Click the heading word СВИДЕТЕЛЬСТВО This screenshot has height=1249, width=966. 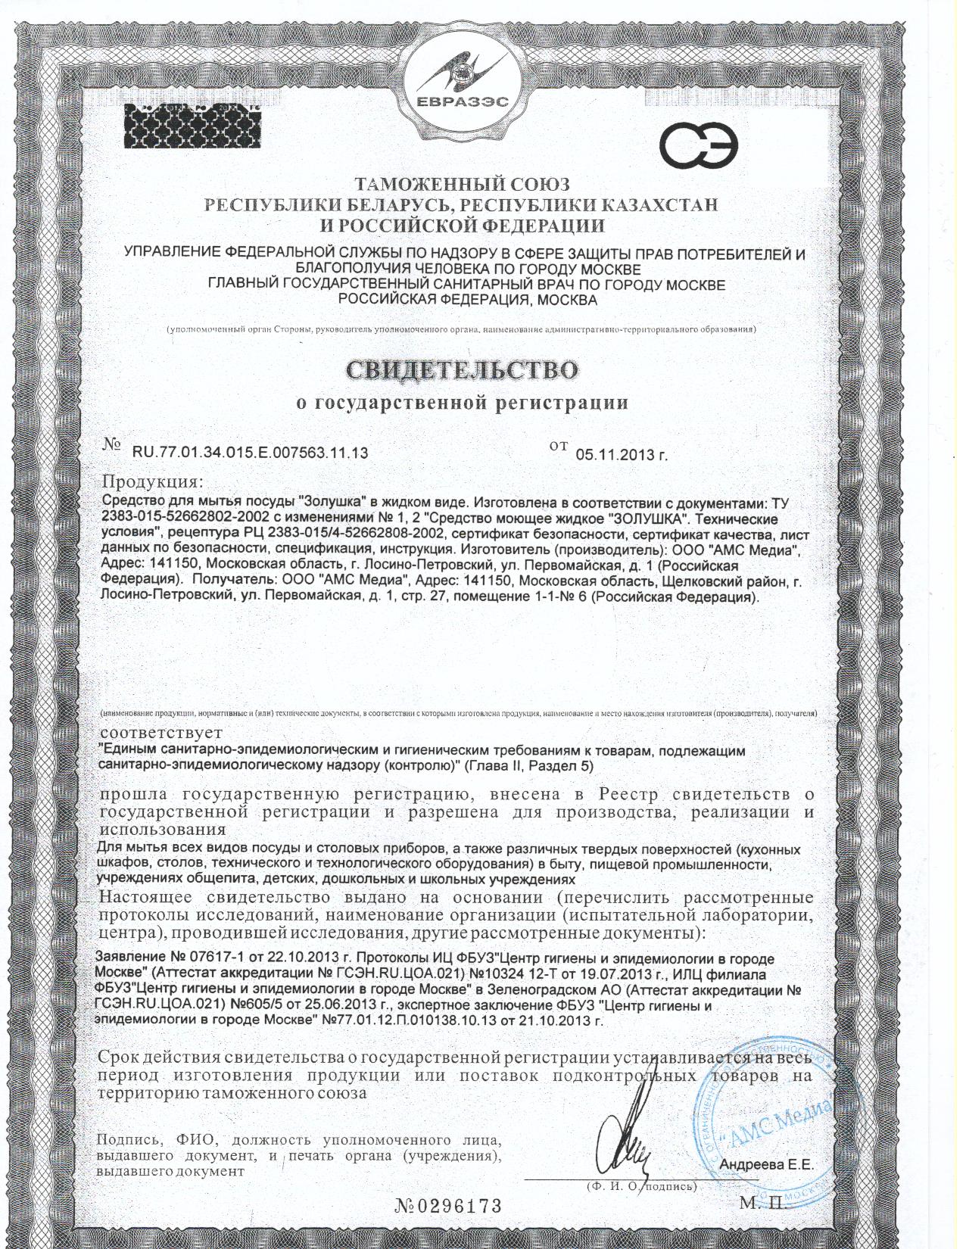463,369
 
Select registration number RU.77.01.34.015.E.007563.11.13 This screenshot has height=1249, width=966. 251,453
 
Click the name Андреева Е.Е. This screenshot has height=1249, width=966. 768,1165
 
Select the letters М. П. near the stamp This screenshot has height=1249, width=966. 765,1204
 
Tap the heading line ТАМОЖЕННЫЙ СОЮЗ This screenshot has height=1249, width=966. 463,185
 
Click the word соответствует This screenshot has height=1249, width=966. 161,733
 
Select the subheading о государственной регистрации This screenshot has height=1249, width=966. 462,403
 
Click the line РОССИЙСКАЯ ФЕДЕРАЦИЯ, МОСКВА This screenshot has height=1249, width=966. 467,300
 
